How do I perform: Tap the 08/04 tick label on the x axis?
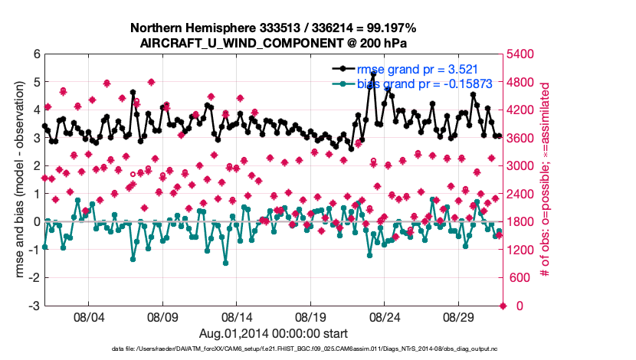click(88, 316)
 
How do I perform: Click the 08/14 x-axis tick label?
click(237, 316)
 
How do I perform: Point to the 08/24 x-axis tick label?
click(385, 316)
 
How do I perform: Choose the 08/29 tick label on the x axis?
click(460, 316)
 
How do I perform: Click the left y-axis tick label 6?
click(36, 54)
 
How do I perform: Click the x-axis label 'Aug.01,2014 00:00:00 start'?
click(273, 333)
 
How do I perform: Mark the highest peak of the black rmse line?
click(373, 74)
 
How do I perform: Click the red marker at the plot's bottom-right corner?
click(503, 306)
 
